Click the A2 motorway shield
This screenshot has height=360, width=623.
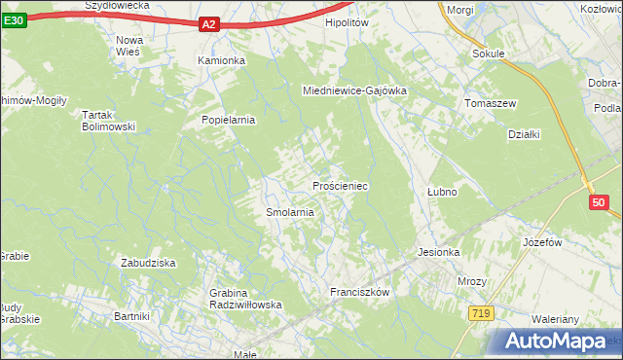pos(209,25)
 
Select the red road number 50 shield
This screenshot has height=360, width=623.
pos(599,202)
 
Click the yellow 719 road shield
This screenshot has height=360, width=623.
pos(479,312)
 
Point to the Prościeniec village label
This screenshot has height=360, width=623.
pos(339,185)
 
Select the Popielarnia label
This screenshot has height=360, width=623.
pos(228,120)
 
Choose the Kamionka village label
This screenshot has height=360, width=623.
pos(222,60)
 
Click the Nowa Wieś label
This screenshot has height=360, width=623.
pos(128,46)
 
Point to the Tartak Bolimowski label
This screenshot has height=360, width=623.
pos(107,121)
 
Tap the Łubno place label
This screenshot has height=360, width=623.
pos(442,192)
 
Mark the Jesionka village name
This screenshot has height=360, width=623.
pos(438,251)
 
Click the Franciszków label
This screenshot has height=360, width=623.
pos(360,292)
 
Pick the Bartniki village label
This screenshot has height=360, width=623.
pos(131,316)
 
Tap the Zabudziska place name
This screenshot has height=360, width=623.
pos(147,263)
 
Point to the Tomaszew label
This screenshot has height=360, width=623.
pos(491,103)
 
